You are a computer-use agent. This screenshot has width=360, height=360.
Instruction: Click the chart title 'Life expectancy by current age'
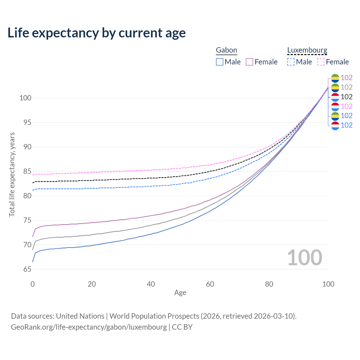96,33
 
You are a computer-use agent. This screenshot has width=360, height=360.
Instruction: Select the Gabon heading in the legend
226,50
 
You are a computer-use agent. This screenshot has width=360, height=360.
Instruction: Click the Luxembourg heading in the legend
307,50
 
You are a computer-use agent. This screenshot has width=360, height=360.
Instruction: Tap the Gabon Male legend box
220,62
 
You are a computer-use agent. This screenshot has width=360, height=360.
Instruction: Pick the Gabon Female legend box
249,62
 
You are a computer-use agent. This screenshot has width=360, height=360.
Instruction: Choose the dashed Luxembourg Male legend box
291,62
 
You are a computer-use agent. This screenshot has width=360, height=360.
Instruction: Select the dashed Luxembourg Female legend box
321,62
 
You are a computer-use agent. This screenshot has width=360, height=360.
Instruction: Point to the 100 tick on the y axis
25,98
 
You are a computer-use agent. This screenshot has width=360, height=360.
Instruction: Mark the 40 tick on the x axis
151,284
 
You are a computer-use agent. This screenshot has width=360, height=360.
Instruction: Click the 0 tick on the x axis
33,284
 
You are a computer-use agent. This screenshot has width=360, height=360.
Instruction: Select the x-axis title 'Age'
180,293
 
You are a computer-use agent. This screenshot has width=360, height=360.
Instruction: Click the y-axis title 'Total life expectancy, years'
12,174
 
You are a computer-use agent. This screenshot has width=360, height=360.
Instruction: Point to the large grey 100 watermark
305,258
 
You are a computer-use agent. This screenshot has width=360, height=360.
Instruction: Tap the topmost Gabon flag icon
335,78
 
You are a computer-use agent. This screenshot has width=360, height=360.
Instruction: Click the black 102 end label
346,97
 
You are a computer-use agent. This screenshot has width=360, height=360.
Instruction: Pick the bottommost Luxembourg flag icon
335,125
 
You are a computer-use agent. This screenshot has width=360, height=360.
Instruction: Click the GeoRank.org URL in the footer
89,327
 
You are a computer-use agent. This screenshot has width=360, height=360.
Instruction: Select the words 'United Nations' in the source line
80,316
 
